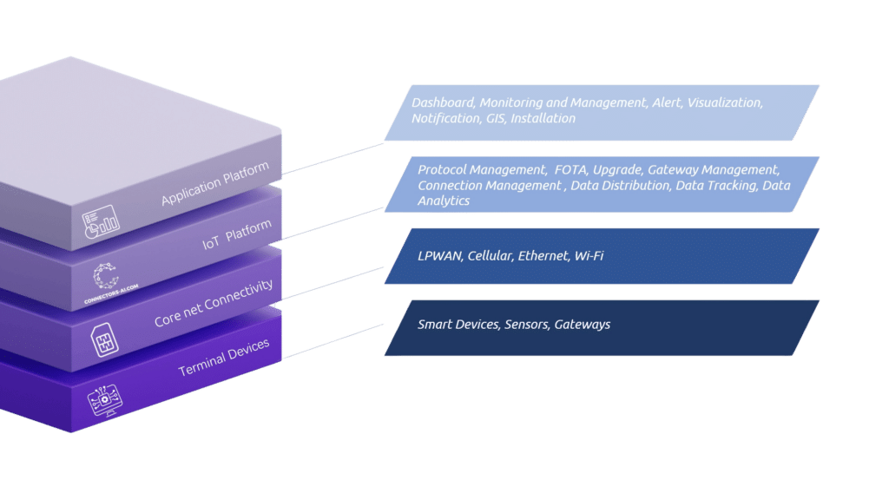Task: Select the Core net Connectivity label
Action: click(x=214, y=302)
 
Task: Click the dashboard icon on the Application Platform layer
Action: click(x=101, y=222)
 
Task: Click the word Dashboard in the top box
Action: click(x=443, y=102)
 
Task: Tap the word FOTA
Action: click(x=570, y=169)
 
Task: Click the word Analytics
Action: click(x=444, y=201)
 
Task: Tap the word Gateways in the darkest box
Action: click(x=582, y=325)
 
